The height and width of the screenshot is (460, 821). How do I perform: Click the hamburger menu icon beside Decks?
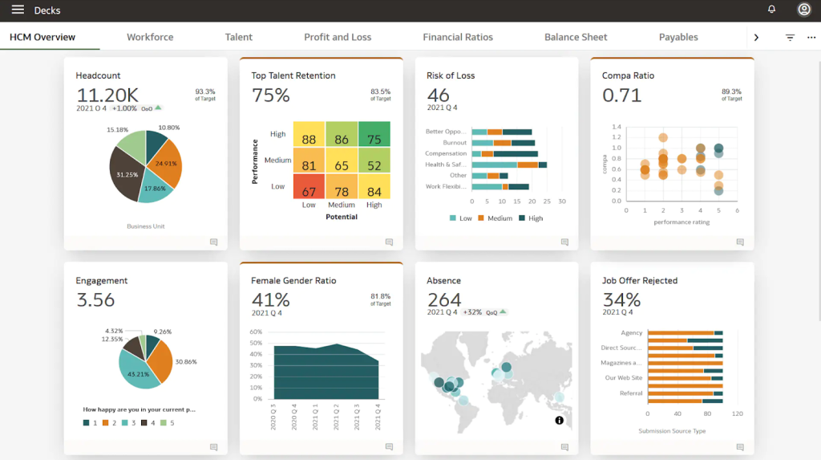[18, 10]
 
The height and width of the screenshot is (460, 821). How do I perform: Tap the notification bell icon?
[771, 10]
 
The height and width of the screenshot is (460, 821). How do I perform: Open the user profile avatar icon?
[803, 10]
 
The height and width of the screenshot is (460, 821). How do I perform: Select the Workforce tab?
[150, 37]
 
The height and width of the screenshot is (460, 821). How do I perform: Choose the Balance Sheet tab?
[576, 37]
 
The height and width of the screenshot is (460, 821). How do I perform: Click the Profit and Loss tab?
[338, 37]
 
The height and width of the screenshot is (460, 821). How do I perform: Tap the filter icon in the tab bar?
[790, 38]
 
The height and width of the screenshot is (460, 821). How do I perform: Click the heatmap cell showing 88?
[309, 139]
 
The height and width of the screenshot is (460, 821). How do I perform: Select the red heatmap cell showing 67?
[309, 190]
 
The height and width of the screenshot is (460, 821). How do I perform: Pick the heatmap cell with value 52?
[374, 165]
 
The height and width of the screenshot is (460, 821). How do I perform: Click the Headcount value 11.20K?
[107, 95]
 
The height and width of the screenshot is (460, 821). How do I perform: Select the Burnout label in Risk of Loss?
[455, 142]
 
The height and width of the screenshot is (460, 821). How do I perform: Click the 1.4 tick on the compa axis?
[617, 127]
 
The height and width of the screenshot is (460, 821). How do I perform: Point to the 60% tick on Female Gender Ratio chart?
[256, 332]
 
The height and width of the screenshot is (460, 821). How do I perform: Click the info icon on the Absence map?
[559, 421]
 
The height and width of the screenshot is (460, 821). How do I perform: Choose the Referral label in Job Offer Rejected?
[631, 393]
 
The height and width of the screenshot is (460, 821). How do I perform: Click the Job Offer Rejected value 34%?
[621, 300]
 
